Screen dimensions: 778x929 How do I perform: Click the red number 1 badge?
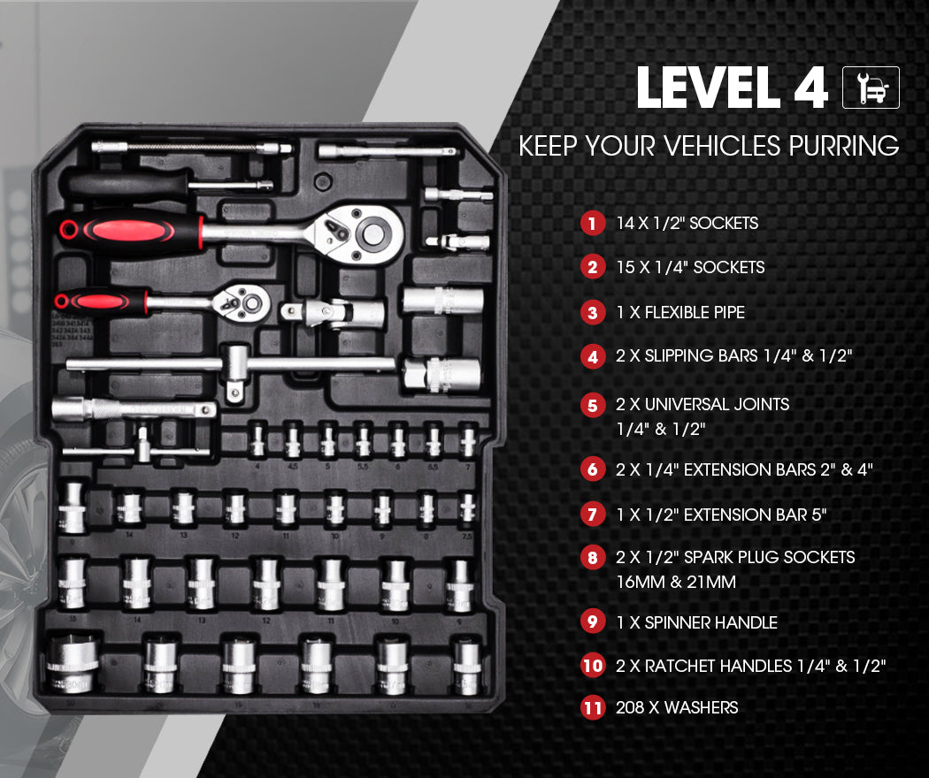pos(592,223)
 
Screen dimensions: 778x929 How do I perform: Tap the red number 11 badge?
pos(592,708)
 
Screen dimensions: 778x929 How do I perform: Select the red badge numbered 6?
pos(592,469)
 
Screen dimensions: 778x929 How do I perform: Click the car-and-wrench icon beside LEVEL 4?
pos(871,88)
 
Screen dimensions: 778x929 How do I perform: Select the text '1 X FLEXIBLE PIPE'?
pos(680,312)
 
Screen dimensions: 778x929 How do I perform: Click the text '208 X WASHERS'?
pos(677,707)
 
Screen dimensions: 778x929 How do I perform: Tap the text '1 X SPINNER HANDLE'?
pos(696,622)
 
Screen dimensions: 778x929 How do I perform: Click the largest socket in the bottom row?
pos(73,663)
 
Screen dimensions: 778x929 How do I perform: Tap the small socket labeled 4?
pos(257,439)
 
